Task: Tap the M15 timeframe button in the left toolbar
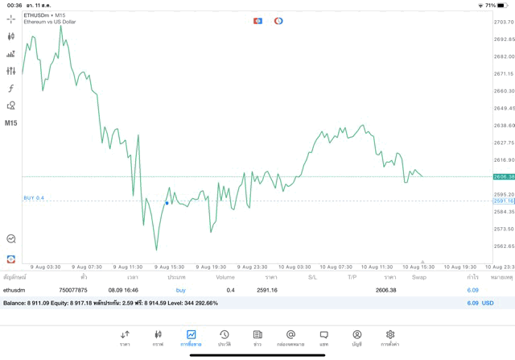pos(11,123)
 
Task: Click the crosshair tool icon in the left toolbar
pos(11,19)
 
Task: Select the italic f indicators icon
pos(11,89)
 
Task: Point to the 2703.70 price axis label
pos(504,22)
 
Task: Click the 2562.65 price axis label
pos(504,246)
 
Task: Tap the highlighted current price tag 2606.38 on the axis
pos(504,176)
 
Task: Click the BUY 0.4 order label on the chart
pos(34,197)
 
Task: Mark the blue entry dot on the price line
pos(167,203)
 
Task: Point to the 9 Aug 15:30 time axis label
pos(168,266)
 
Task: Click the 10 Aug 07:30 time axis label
pos(336,266)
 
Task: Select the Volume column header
pos(225,277)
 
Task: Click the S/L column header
pos(312,277)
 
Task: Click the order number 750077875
pos(73,290)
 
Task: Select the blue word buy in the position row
pos(181,290)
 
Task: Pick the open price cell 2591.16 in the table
pos(267,290)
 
